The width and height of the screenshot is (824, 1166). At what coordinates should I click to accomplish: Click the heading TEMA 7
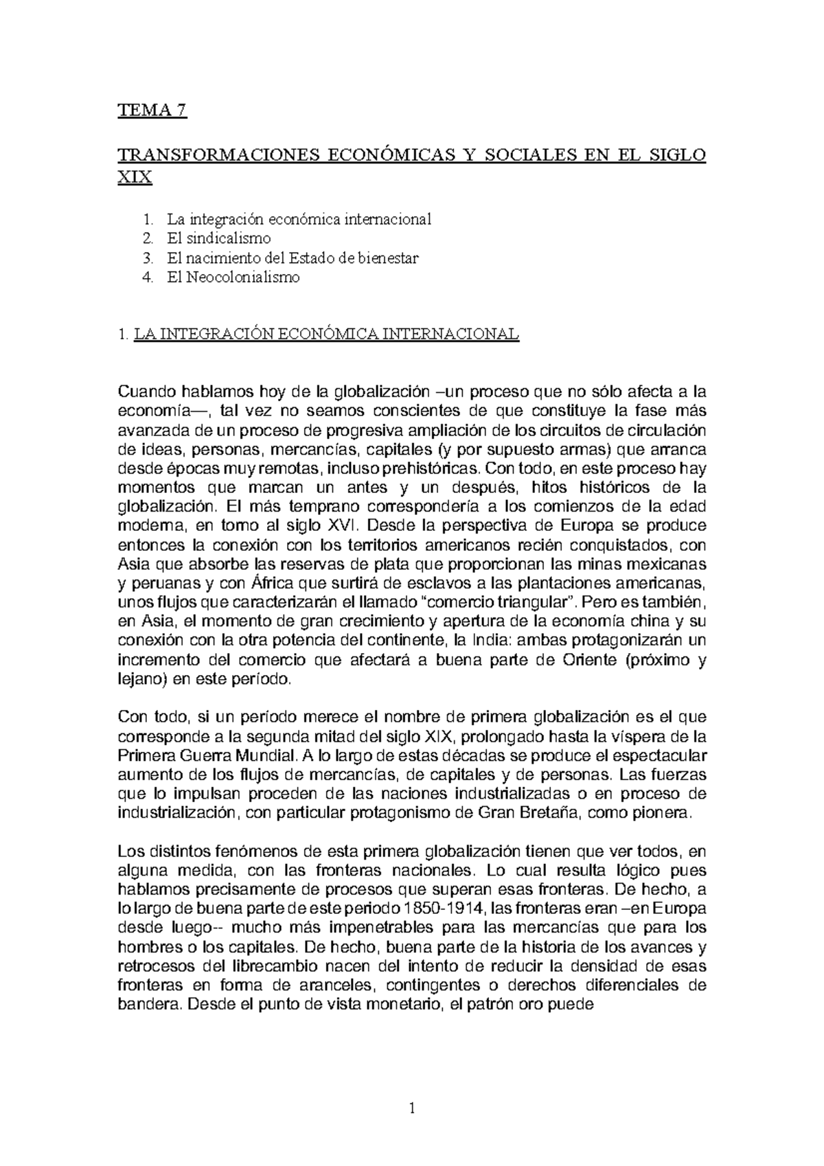pyautogui.click(x=152, y=111)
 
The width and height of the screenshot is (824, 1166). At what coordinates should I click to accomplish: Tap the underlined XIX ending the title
pyautogui.click(x=135, y=178)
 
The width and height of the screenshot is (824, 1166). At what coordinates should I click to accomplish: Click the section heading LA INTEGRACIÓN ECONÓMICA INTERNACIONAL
pyautogui.click(x=328, y=335)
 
